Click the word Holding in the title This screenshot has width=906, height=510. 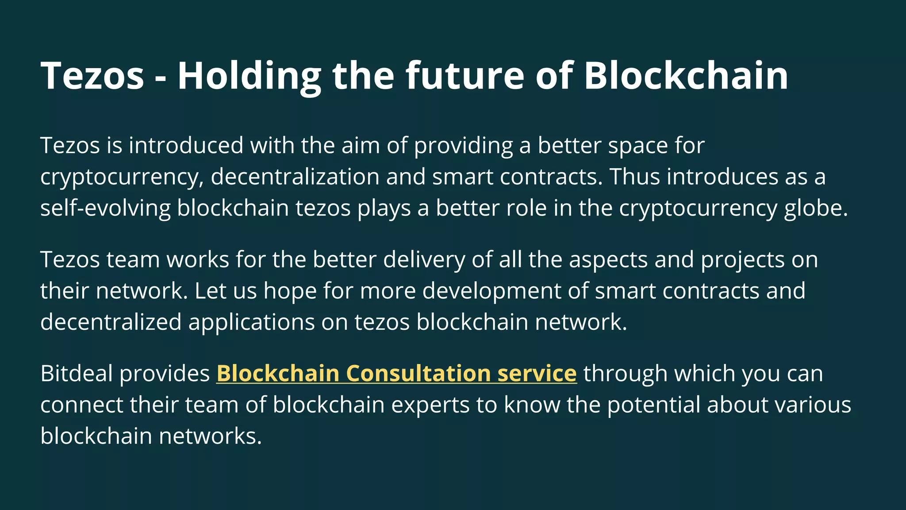(x=249, y=76)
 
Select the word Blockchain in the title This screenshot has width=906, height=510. (x=686, y=76)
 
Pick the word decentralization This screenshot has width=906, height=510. (x=295, y=177)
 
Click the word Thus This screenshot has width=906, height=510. (x=635, y=177)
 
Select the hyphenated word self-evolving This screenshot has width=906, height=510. (x=105, y=208)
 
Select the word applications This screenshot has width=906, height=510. (x=251, y=322)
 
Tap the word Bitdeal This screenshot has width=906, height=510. (x=76, y=373)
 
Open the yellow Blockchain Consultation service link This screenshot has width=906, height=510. (x=396, y=373)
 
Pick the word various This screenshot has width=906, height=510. (x=810, y=405)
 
